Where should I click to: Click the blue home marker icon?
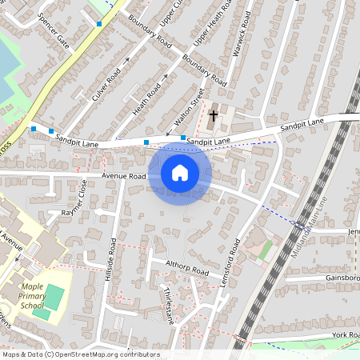point(179,172)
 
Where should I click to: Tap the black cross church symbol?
point(213,116)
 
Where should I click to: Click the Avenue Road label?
point(123,176)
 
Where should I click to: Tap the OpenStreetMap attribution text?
point(80,354)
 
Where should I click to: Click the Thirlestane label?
point(169,304)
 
